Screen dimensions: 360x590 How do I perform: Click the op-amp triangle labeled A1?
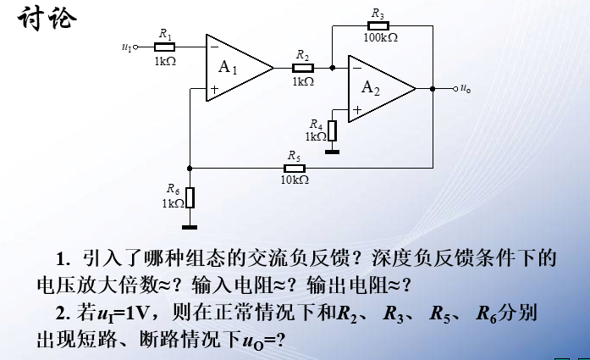click(x=234, y=66)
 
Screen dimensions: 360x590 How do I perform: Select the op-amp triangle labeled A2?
click(x=376, y=88)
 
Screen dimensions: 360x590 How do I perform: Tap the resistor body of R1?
click(x=164, y=46)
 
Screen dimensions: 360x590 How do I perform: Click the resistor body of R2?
click(x=302, y=67)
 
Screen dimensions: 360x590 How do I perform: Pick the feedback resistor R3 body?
click(x=378, y=25)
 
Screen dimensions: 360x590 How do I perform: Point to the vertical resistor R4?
click(x=333, y=131)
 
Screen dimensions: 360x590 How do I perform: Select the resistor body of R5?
click(x=294, y=167)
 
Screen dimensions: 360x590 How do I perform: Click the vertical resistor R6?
click(x=190, y=198)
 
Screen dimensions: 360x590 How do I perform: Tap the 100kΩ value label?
click(x=380, y=37)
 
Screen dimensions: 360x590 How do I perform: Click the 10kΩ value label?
click(x=294, y=180)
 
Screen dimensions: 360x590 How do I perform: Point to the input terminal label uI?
click(x=128, y=47)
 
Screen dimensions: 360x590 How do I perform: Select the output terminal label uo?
click(x=466, y=88)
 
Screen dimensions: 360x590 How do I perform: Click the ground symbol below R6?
click(x=190, y=225)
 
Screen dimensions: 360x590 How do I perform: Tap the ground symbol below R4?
click(x=333, y=152)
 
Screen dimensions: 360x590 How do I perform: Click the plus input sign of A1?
click(x=214, y=88)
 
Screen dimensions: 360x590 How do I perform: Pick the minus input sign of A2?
click(x=356, y=67)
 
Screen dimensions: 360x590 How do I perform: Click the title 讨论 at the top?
click(x=46, y=17)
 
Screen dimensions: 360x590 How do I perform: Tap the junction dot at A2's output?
click(x=433, y=88)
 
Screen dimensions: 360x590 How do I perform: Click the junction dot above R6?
click(x=190, y=168)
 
